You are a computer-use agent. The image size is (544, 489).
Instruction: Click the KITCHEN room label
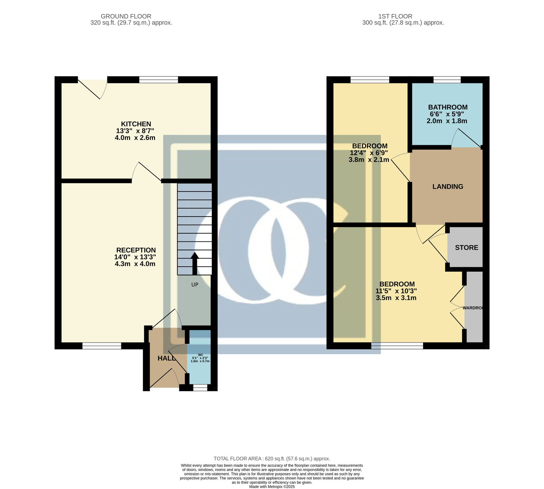[x=136, y=124]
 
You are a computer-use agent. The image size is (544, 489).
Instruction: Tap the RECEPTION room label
[x=136, y=250]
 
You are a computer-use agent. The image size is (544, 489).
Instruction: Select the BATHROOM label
[x=448, y=107]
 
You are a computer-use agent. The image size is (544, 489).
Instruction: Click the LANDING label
[x=448, y=187]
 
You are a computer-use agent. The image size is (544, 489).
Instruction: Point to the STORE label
[x=466, y=248]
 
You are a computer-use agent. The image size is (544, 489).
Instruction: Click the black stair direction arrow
[x=194, y=263]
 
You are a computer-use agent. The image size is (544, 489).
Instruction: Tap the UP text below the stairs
[x=195, y=285]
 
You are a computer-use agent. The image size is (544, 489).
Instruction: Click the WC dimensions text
[x=200, y=359]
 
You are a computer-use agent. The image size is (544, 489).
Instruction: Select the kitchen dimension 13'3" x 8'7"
[x=136, y=131]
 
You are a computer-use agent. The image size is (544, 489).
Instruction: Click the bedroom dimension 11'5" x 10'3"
[x=396, y=291]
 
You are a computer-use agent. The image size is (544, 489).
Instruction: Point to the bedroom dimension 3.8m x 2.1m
[x=369, y=159]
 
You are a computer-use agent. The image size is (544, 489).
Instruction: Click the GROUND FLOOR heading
[x=126, y=16]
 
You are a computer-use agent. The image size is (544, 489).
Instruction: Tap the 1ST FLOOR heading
[x=395, y=16]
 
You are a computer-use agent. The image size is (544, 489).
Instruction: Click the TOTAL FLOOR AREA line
[x=272, y=459]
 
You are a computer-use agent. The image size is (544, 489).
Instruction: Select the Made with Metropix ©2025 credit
[x=272, y=487]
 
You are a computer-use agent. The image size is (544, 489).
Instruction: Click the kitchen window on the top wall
[x=159, y=80]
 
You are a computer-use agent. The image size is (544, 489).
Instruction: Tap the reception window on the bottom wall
[x=102, y=346]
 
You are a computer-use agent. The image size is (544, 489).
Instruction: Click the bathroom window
[x=447, y=80]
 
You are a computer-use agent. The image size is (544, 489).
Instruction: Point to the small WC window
[x=200, y=388]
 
